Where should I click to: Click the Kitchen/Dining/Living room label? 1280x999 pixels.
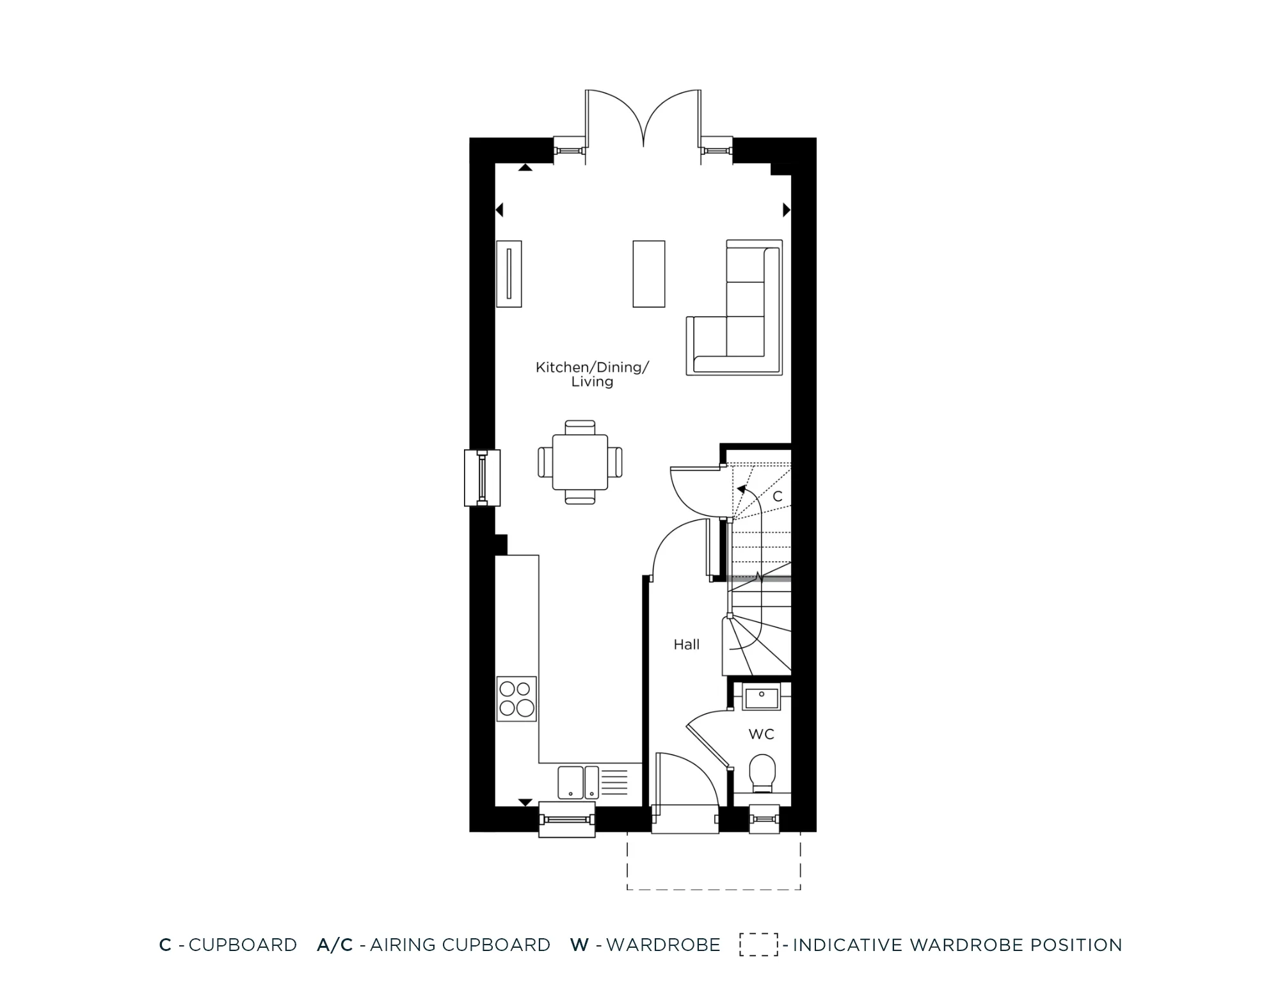click(x=592, y=374)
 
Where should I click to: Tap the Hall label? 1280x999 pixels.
click(x=686, y=644)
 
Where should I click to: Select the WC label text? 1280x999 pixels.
click(x=761, y=734)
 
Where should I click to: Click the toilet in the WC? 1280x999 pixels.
click(x=762, y=773)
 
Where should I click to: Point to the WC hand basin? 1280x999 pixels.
click(x=761, y=696)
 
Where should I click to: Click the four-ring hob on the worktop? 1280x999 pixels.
click(x=516, y=698)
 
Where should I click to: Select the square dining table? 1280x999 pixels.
click(x=580, y=462)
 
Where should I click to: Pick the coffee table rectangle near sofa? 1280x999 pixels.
click(x=649, y=274)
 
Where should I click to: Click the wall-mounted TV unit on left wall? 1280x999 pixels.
click(x=509, y=274)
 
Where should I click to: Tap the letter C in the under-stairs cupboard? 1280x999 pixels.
click(x=778, y=496)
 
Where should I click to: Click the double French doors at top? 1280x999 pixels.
click(x=643, y=122)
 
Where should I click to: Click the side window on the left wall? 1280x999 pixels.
click(x=482, y=478)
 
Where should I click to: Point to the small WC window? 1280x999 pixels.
click(x=764, y=819)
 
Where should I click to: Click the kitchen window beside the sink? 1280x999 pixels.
click(x=566, y=819)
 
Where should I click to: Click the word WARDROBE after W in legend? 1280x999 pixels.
click(x=663, y=945)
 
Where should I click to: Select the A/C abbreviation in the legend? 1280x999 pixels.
click(x=335, y=945)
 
